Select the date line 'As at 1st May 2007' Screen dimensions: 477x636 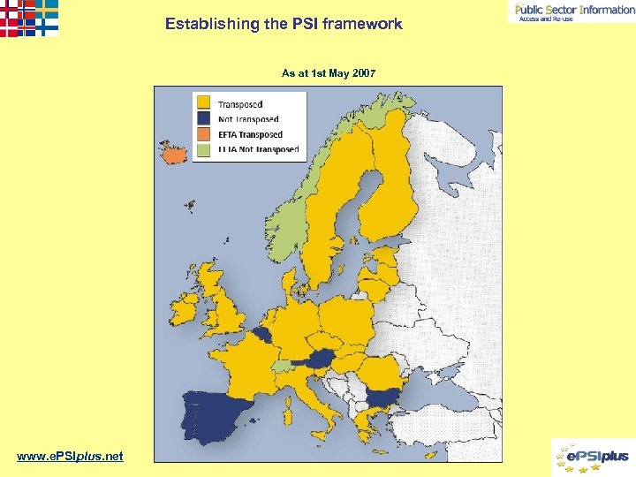pos(329,72)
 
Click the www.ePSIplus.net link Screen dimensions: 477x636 pos(70,456)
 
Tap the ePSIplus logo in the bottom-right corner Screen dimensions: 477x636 pos(591,457)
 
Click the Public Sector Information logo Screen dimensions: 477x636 pos(572,11)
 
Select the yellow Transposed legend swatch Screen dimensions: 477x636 pos(204,103)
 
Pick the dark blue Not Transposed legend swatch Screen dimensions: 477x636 pos(204,118)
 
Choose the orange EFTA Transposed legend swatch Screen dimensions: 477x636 pos(204,134)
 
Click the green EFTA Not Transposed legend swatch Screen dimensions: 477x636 pos(204,149)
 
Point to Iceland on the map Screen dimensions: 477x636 pos(175,155)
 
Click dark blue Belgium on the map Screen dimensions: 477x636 pos(262,334)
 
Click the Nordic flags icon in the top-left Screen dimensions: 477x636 pos(28,18)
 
